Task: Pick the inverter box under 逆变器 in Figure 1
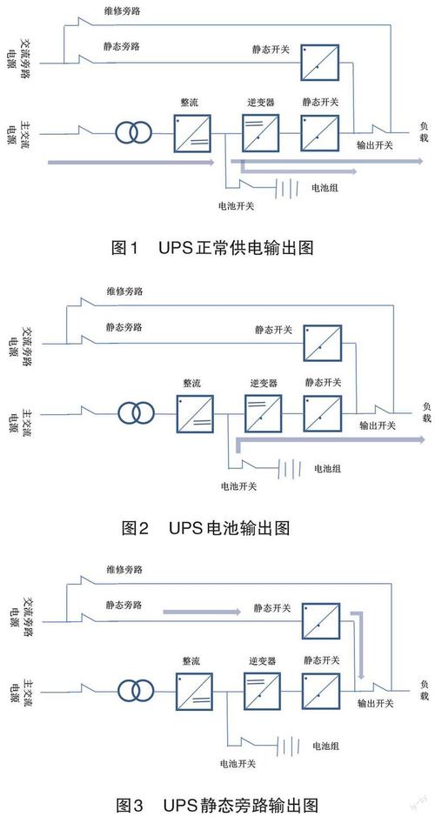(x=258, y=134)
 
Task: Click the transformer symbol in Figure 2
(x=136, y=411)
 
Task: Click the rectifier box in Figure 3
(x=193, y=689)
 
